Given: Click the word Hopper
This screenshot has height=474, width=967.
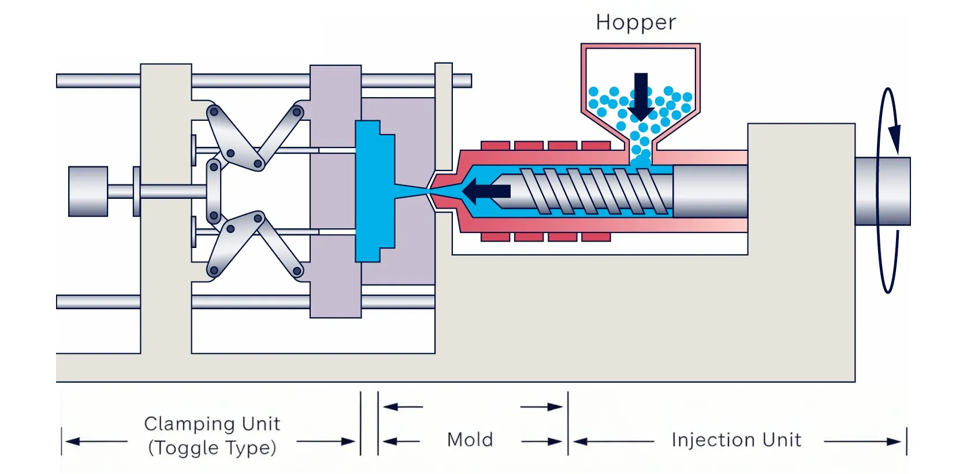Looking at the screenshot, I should [635, 23].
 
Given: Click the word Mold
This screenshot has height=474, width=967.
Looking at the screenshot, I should [470, 440].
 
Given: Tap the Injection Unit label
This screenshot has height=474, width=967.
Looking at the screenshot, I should [736, 440].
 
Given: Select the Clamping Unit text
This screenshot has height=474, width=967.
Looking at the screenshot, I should [212, 424].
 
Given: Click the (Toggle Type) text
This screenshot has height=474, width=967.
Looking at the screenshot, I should [212, 448].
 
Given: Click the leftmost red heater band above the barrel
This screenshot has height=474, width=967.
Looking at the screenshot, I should [495, 145].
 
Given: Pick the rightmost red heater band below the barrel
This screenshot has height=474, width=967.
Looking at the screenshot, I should [596, 237].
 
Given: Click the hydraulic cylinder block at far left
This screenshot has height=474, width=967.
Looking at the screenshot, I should [88, 191].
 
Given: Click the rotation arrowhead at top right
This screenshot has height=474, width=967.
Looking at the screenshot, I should [894, 139].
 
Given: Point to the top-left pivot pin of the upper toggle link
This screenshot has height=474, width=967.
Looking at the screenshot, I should [214, 111].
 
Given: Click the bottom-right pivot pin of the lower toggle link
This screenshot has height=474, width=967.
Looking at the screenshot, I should [297, 271].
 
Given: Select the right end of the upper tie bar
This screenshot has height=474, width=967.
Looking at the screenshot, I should [462, 80].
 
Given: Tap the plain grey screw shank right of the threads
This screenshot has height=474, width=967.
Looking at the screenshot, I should [710, 191].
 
